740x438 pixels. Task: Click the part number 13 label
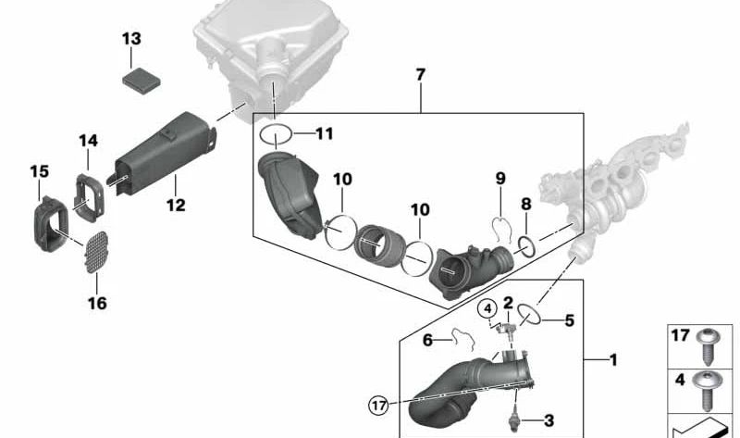click(x=131, y=38)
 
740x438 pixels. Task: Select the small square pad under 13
click(x=142, y=81)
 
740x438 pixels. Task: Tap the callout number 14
click(x=88, y=141)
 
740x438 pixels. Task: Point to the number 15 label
click(x=39, y=171)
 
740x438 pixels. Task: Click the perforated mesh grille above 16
click(x=97, y=252)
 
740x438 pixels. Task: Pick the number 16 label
click(x=97, y=303)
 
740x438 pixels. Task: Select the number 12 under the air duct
click(x=176, y=205)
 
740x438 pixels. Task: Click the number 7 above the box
click(x=421, y=75)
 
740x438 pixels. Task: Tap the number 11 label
click(x=325, y=133)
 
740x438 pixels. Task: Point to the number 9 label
click(x=500, y=179)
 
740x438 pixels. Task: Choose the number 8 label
click(x=525, y=204)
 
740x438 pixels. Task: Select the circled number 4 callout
click(x=487, y=309)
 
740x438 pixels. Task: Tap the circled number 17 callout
click(x=378, y=406)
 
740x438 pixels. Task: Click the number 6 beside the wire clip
click(x=427, y=340)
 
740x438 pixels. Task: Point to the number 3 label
click(x=549, y=420)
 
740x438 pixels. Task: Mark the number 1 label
click(x=613, y=360)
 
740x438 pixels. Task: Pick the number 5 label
click(x=570, y=320)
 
